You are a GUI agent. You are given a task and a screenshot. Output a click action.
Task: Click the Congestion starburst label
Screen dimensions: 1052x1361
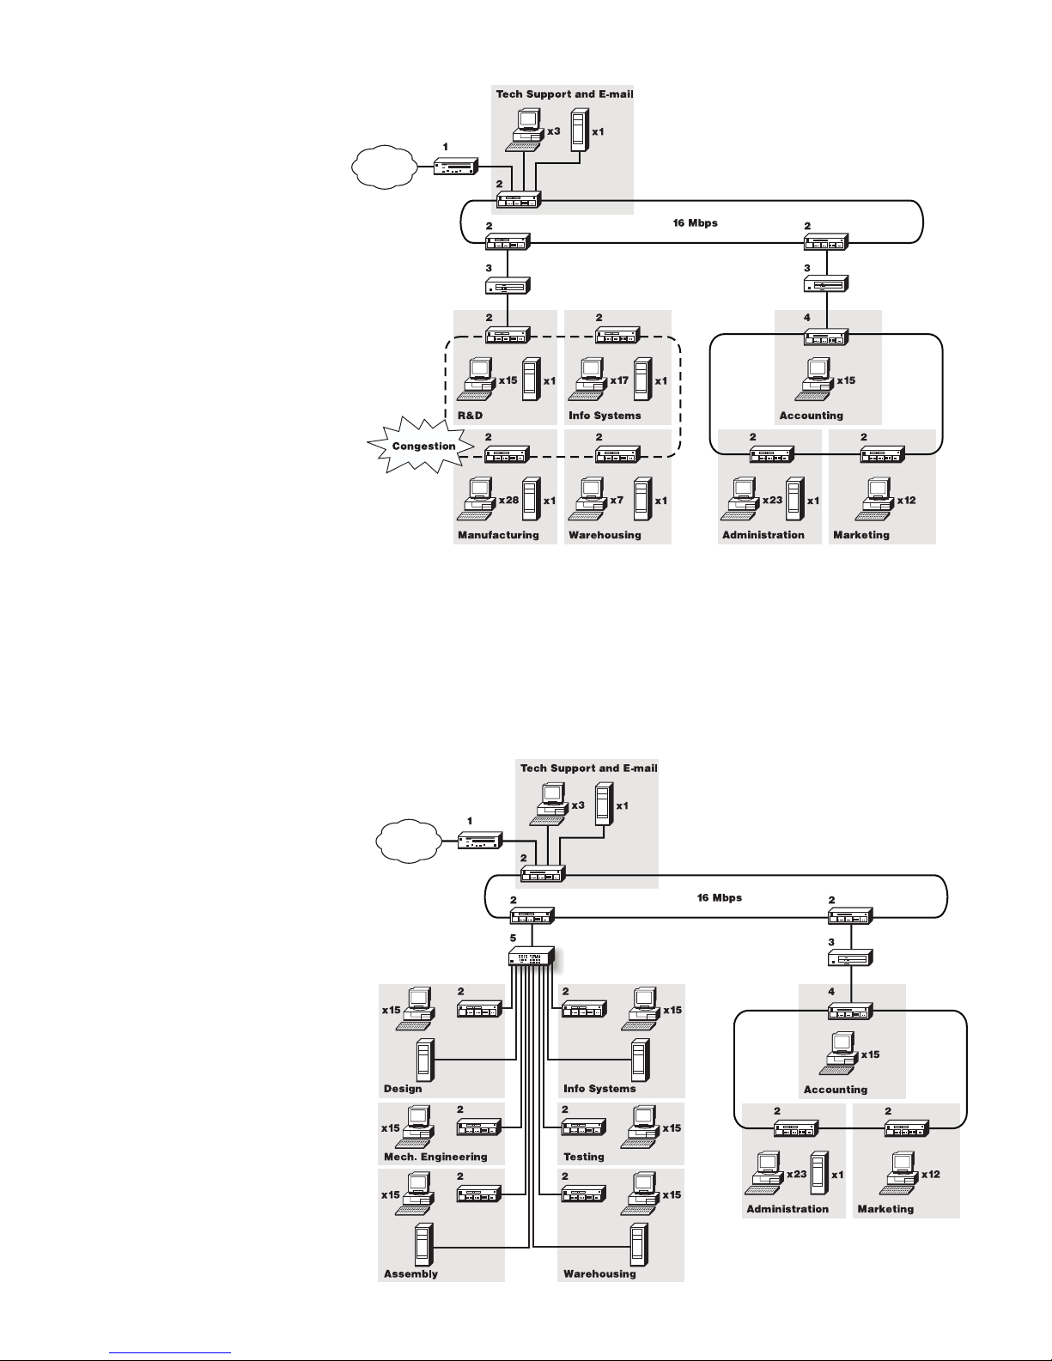point(423,446)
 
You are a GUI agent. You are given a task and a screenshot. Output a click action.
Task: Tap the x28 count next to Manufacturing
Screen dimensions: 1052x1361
point(509,501)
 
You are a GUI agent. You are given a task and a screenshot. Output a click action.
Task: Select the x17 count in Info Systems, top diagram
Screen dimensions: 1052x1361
point(619,380)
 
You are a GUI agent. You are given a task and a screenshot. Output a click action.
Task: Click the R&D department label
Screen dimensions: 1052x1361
point(471,416)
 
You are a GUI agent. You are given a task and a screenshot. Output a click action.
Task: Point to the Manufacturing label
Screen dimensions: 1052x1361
point(498,535)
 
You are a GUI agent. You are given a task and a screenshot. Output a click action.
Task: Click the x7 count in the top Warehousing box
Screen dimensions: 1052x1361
point(617,501)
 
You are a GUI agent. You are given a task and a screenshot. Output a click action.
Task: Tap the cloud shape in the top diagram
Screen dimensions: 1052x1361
point(385,167)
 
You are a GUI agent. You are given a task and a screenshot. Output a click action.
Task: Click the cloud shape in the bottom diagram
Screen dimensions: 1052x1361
point(409,842)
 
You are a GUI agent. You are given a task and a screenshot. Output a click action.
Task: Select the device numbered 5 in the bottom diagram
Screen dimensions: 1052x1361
point(532,957)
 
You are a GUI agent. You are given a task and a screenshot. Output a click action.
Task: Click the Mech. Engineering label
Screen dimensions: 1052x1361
point(435,1157)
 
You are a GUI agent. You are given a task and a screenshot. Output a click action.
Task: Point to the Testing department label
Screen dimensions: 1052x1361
point(584,1157)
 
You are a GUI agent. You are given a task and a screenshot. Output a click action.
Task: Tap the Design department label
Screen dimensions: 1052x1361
point(403,1089)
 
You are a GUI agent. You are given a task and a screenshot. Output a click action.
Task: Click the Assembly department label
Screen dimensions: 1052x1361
point(410,1273)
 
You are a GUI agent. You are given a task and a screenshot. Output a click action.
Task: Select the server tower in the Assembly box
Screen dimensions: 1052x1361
point(424,1244)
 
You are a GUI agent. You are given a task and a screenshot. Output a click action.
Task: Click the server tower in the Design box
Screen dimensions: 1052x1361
point(425,1060)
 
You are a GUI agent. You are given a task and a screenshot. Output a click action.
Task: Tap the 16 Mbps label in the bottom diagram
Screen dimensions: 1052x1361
point(720,897)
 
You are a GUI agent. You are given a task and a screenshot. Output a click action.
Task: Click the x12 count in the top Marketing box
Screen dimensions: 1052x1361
point(906,501)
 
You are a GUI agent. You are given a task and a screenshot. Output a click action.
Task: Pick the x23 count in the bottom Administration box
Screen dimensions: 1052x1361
point(797,1175)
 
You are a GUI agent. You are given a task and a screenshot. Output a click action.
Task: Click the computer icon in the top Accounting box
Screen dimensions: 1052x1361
point(815,379)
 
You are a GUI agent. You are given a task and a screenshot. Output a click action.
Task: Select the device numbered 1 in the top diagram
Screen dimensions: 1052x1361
point(456,167)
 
